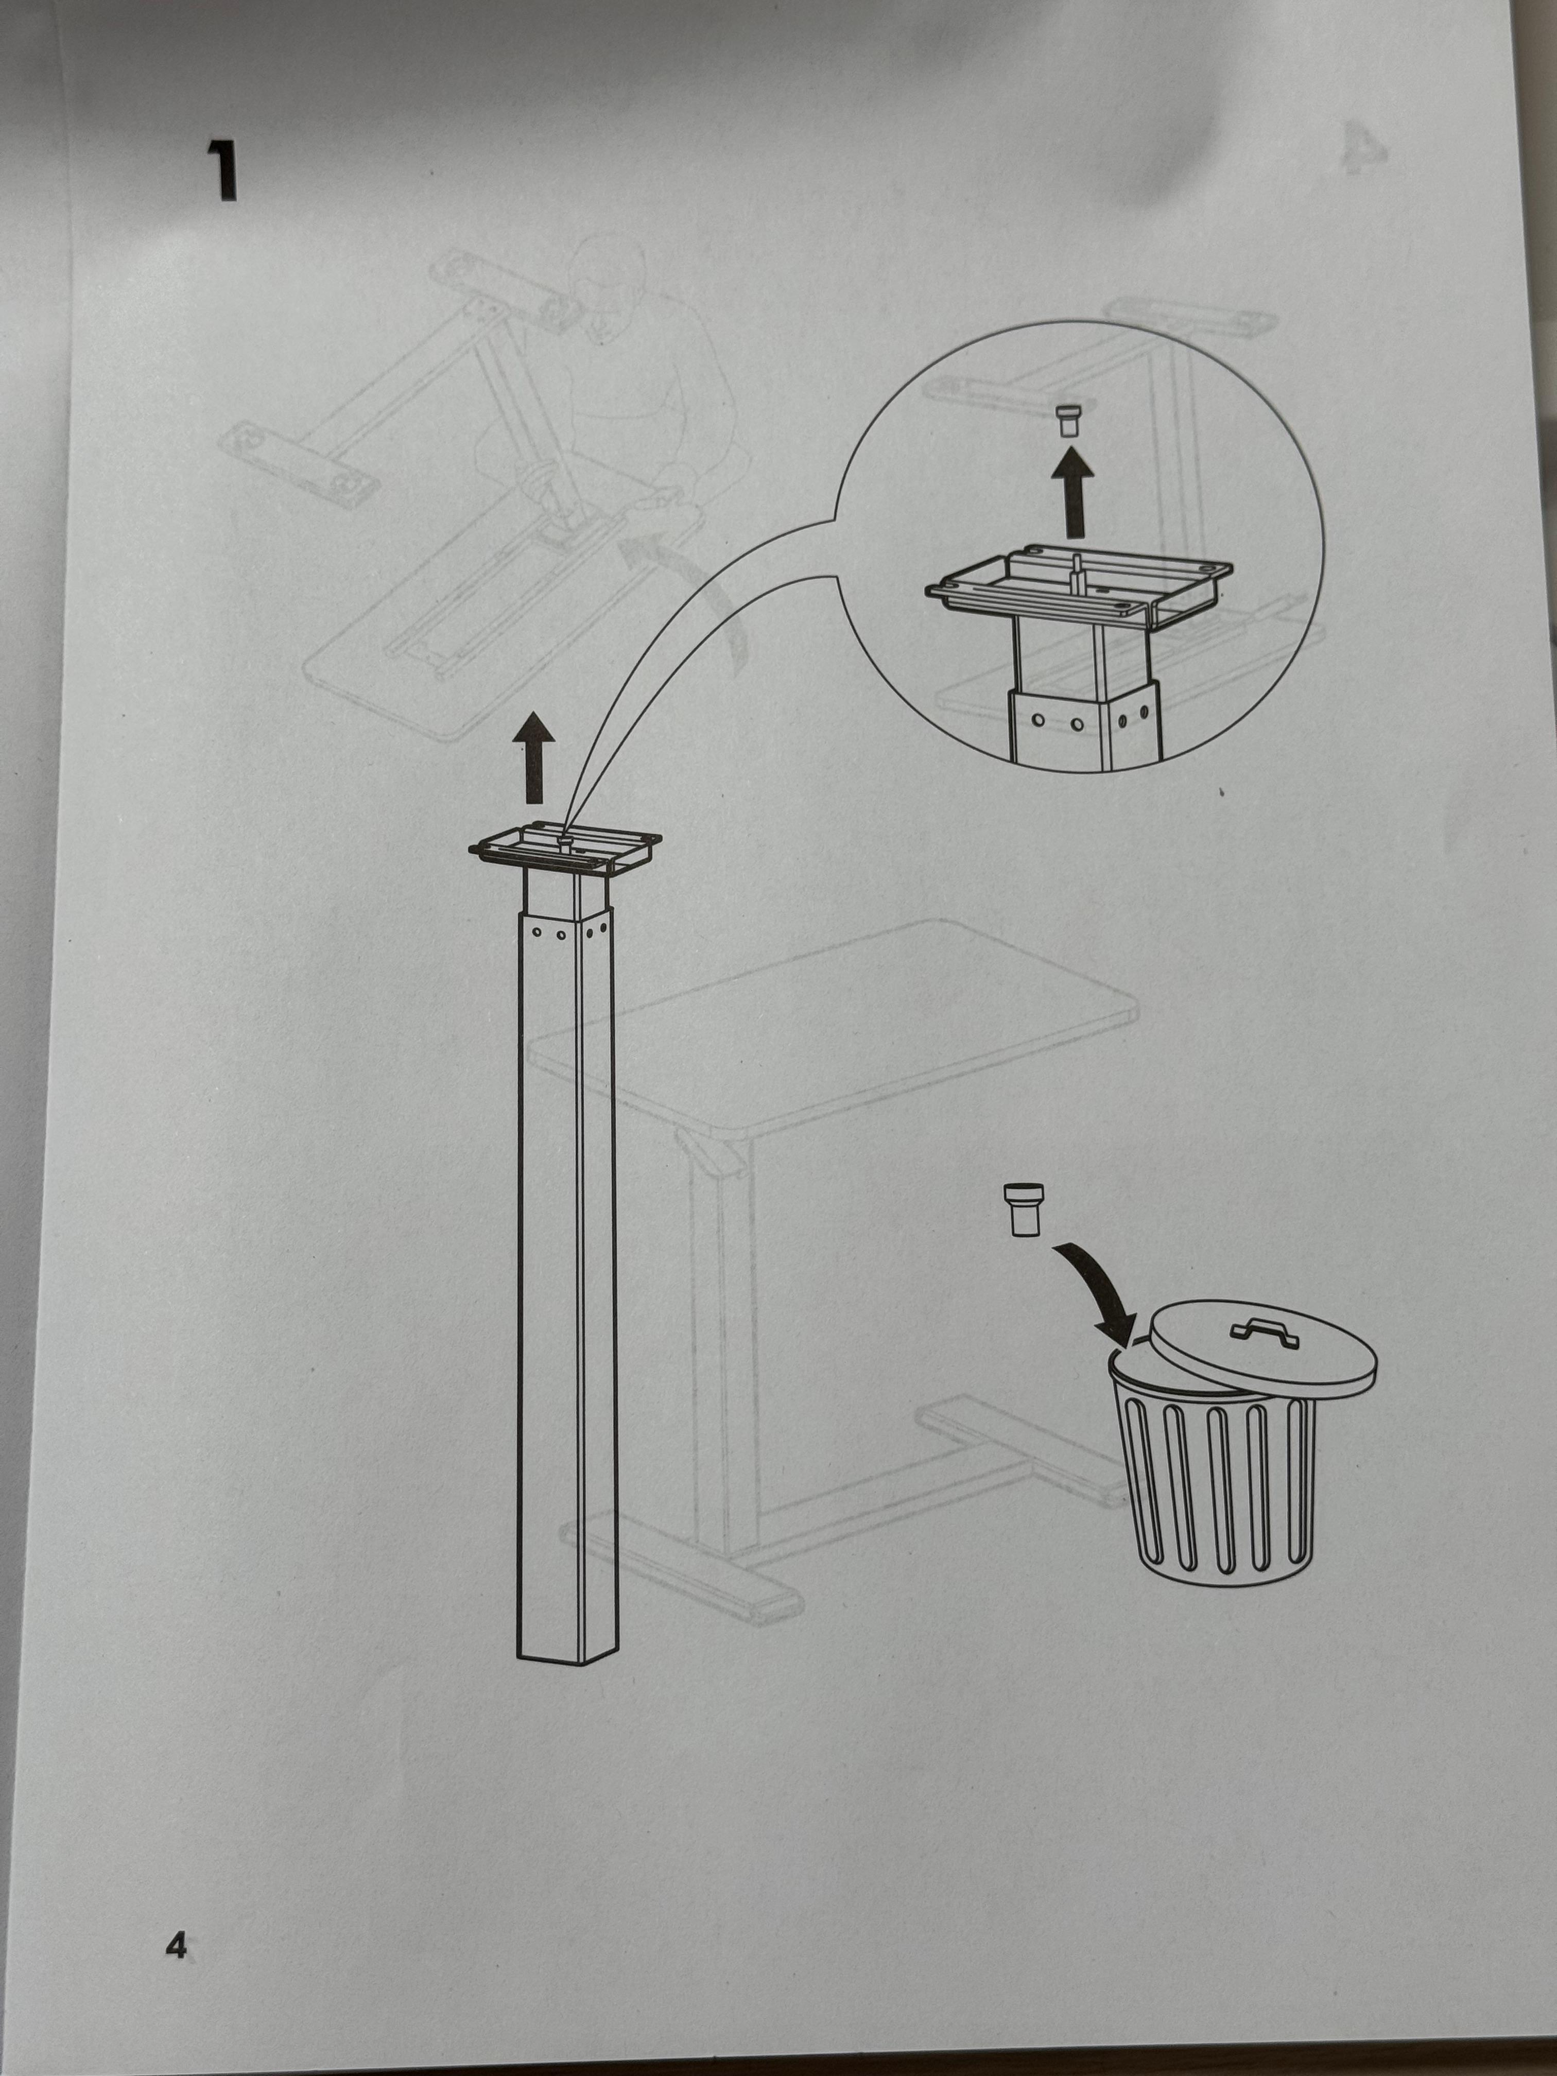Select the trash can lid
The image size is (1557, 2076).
click(x=1262, y=1344)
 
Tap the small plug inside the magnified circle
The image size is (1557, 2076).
click(x=1068, y=421)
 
